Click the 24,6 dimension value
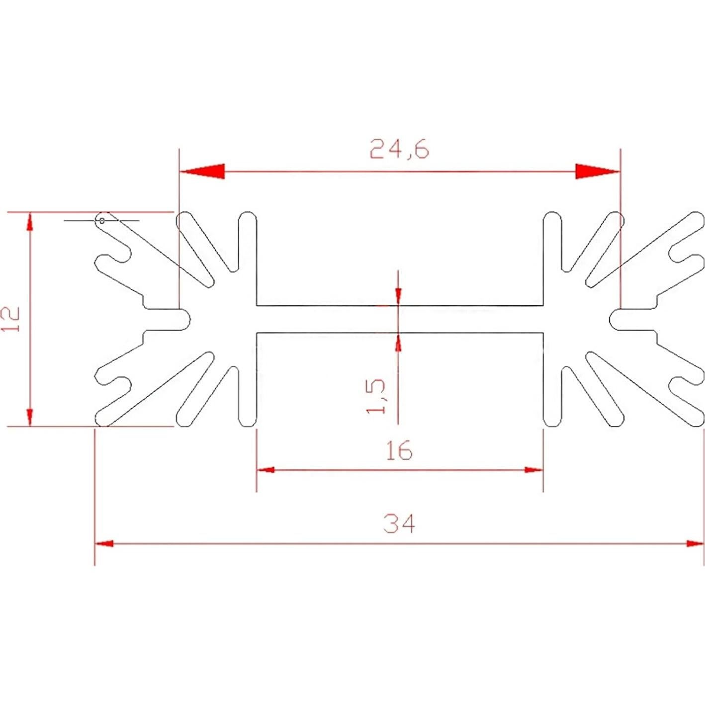pos(399,149)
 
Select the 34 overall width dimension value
pos(399,523)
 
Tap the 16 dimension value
pos(399,450)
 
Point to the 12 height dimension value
pos(11,319)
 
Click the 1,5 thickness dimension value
pos(376,396)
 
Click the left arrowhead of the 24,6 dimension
pos(202,172)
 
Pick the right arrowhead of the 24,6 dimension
pos(598,172)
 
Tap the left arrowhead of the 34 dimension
pos(104,543)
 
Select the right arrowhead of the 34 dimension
pos(695,543)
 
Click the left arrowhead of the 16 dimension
pos(265,469)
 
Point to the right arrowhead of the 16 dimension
pos(534,469)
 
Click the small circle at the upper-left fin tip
pos(102,220)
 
